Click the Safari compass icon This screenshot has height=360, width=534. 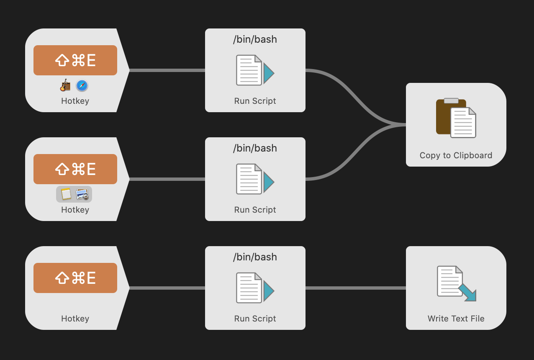pos(82,86)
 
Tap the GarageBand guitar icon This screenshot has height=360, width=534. pos(65,86)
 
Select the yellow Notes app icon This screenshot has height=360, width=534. pos(66,194)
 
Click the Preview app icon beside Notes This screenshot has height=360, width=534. pos(82,194)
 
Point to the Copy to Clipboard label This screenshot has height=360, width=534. pos(456,155)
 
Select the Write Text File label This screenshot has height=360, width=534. pos(456,319)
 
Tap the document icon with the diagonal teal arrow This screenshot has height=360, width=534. pos(456,283)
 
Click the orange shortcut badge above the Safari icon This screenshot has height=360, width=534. pos(75,60)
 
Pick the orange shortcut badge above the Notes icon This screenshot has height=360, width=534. pos(75,169)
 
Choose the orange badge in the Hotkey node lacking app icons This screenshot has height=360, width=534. pos(75,278)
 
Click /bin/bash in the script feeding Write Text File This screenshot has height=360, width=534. pos(255,257)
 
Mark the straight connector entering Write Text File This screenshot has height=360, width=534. pos(356,288)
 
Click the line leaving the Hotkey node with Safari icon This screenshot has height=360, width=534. pos(167,70)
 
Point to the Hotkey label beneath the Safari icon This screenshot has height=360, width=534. pos(75,101)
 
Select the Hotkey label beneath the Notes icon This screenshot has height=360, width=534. pos(75,210)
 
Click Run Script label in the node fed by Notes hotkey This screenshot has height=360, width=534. pos(255,210)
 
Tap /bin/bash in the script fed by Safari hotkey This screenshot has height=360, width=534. pos(255,39)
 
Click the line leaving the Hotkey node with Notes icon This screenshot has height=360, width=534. pos(167,179)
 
